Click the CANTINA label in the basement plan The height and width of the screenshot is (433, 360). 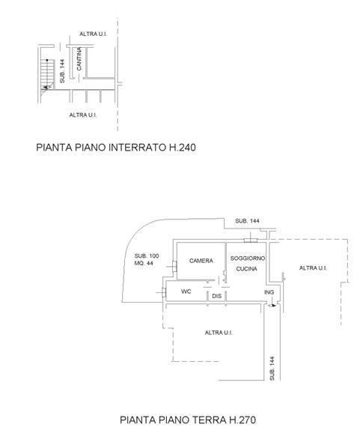79,59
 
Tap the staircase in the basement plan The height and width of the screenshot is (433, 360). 47,75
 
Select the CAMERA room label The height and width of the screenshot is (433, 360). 201,261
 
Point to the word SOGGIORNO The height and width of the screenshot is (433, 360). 248,258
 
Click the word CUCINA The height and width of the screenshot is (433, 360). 247,269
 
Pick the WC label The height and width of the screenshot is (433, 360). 186,291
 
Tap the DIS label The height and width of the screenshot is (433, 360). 217,296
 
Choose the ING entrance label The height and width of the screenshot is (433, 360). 269,292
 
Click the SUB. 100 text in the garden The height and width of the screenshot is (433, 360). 147,255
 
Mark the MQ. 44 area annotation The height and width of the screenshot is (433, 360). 144,263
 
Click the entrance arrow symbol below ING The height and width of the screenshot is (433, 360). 272,306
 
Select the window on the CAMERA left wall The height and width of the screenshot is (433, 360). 174,267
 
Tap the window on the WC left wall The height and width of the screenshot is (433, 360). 164,292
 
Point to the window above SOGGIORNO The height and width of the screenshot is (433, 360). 251,240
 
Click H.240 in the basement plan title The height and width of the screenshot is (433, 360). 183,147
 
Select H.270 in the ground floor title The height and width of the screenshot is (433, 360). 242,420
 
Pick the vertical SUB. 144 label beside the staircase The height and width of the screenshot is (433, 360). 62,71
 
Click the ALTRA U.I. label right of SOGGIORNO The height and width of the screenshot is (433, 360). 313,268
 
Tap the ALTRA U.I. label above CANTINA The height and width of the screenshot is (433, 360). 94,34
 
